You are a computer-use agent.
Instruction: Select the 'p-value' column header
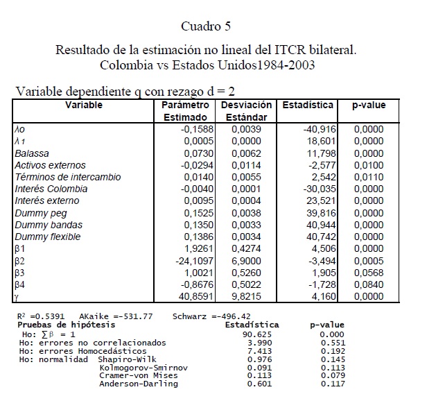pos(369,105)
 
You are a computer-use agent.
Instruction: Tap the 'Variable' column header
pos(84,105)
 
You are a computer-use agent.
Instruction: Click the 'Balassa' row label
pos(32,153)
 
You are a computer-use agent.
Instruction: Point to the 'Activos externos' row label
pos(50,165)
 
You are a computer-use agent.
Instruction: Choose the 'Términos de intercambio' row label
pos(67,177)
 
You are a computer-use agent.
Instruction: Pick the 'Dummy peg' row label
pos(41,213)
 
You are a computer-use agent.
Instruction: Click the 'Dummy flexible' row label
pos(47,237)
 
